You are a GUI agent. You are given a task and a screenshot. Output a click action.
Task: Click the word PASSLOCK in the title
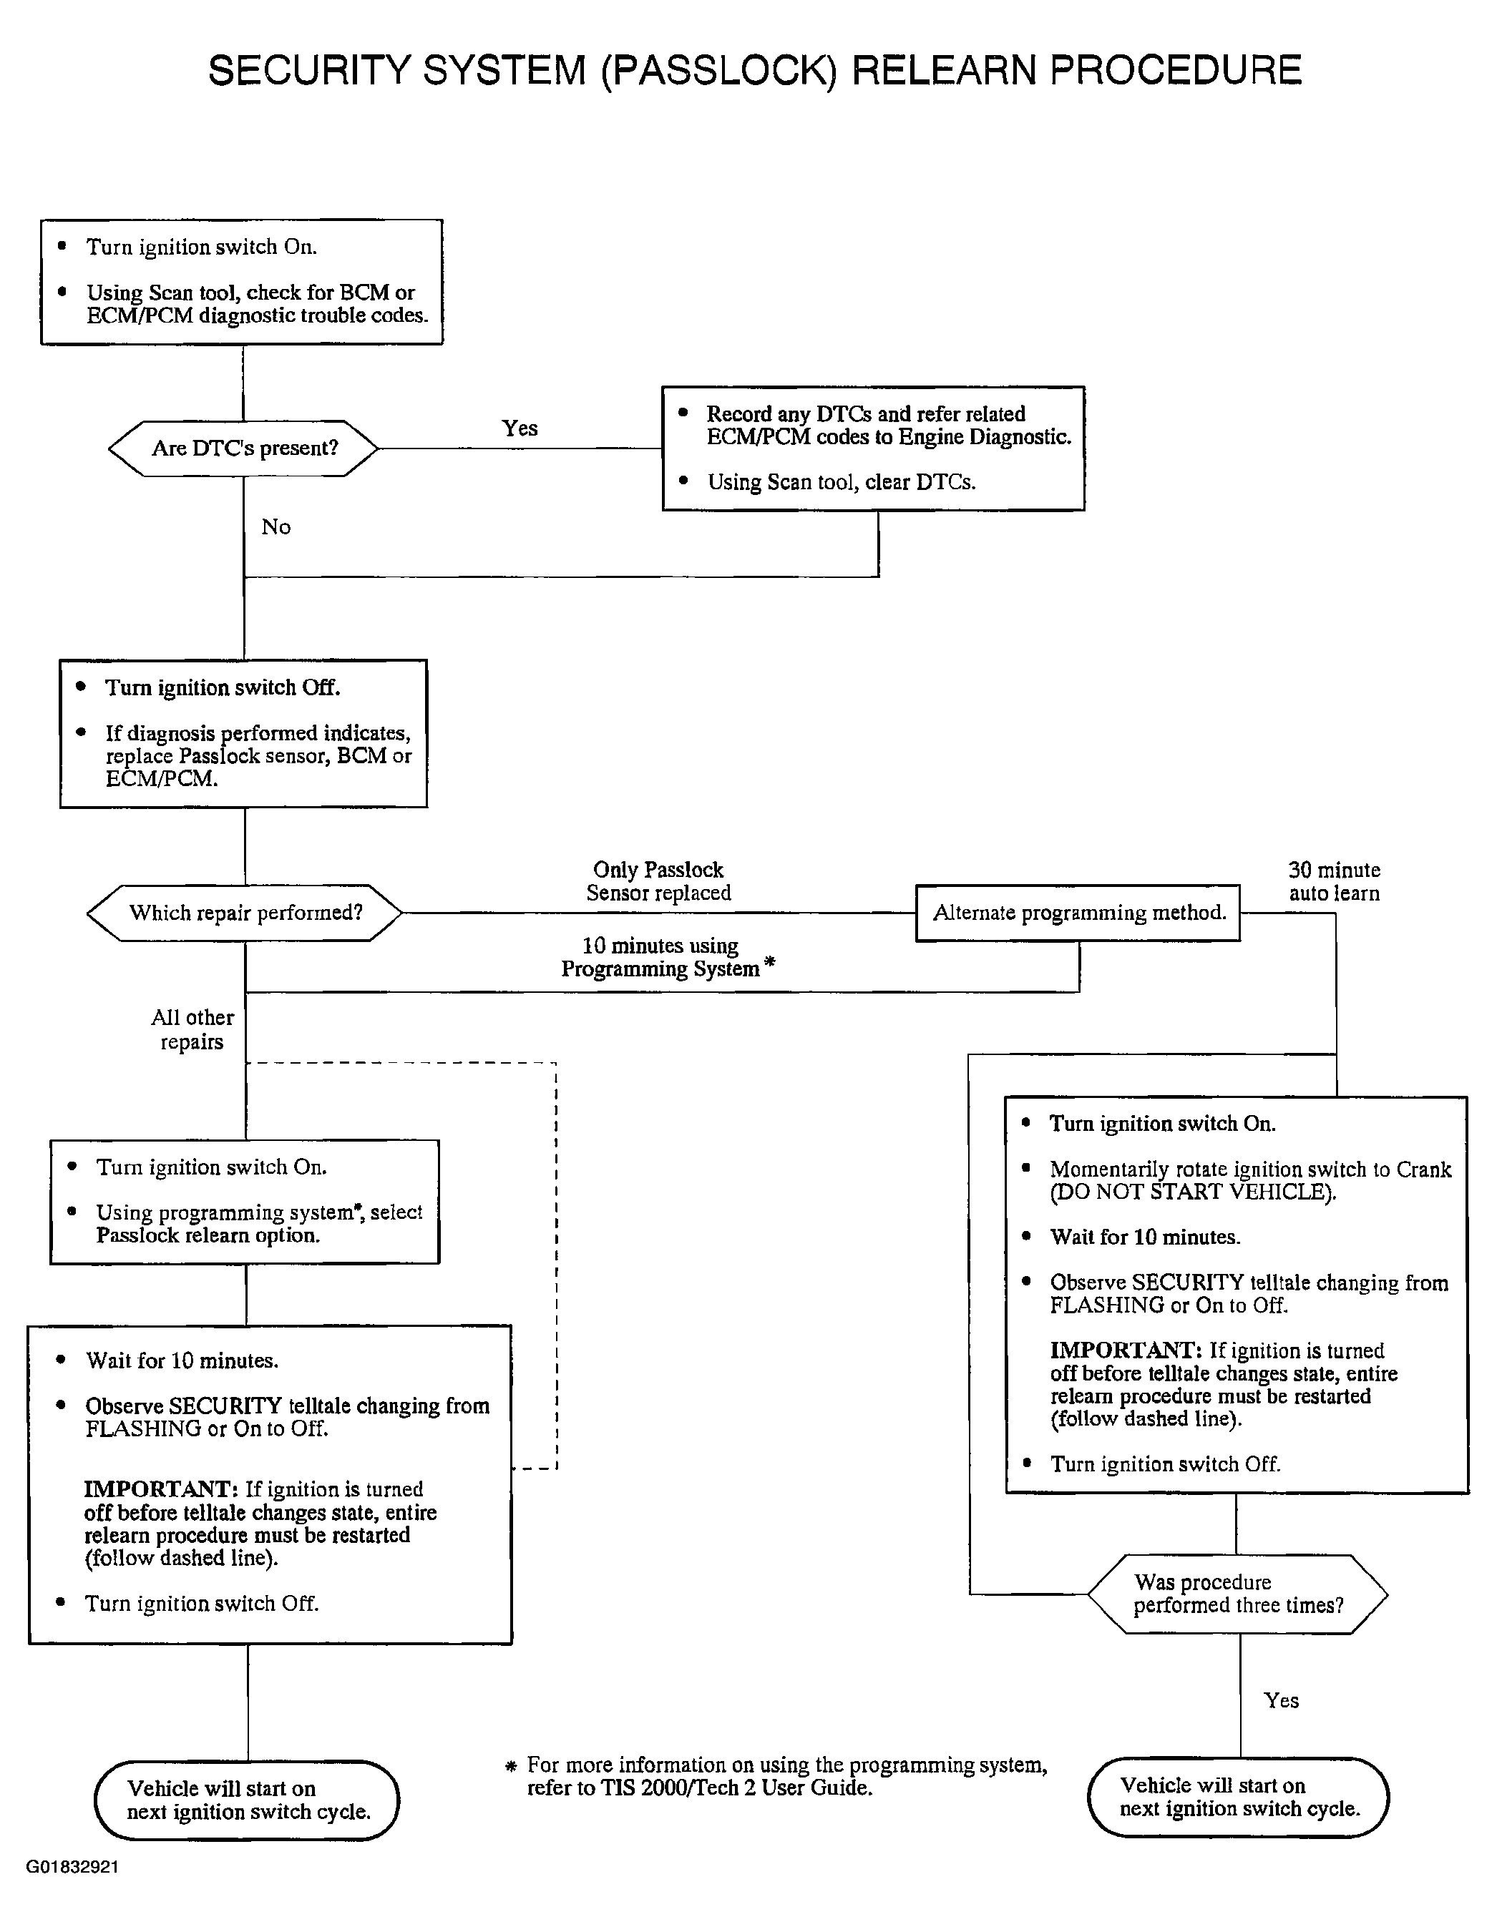718,71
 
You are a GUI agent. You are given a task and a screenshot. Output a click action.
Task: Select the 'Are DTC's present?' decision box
243,448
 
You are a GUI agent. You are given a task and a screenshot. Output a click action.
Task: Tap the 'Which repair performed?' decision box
245,912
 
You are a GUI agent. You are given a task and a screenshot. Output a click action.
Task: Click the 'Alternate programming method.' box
1078,912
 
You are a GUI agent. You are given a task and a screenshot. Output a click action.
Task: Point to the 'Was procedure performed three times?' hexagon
1237,1594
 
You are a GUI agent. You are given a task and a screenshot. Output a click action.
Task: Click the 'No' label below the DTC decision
276,526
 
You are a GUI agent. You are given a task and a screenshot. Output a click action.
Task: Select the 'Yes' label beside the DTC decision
520,428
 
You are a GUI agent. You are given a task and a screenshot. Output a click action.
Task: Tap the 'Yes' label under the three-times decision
1281,1700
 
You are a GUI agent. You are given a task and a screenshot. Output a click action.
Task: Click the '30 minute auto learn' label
1334,881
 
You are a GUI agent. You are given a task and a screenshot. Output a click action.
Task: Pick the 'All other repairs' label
192,1030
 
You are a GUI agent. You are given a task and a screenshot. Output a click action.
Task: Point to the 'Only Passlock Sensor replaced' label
658,881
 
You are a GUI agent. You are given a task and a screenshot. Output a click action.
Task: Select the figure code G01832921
72,1867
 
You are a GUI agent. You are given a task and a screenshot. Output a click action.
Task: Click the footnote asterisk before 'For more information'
510,1767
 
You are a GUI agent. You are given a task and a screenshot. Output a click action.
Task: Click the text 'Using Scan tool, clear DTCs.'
842,483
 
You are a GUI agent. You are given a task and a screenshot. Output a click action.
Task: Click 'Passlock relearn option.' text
208,1235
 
